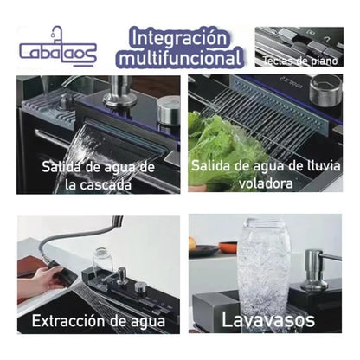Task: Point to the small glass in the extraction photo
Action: (101, 260)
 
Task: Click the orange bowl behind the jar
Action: (227, 247)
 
